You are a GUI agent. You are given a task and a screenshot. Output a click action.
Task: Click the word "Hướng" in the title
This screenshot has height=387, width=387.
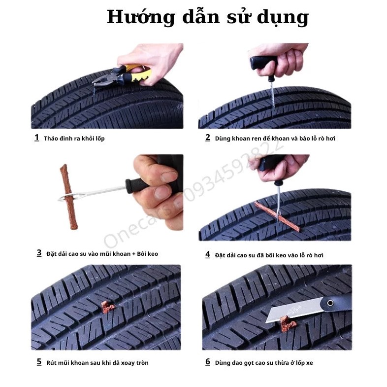tap(141, 18)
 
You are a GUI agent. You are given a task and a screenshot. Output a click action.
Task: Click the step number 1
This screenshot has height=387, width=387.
tap(37, 138)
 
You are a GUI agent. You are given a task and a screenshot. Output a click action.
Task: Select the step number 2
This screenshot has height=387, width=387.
tap(208, 138)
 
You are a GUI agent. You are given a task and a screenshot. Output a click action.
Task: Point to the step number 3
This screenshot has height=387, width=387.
tap(39, 253)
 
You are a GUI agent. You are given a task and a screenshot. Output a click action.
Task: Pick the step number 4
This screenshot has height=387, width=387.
tap(208, 254)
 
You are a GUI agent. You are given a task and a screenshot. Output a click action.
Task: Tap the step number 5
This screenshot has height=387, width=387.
tap(39, 362)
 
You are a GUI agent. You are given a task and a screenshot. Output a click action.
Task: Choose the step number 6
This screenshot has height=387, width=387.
tap(208, 362)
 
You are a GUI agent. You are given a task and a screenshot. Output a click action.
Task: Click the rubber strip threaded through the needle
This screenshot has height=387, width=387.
tap(68, 197)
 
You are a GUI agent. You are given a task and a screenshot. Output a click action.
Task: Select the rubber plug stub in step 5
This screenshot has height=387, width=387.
tap(108, 307)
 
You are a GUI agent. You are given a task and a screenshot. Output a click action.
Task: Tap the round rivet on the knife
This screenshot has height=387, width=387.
tap(330, 303)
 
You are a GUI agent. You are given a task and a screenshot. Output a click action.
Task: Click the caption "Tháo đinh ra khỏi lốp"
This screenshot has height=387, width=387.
tap(74, 139)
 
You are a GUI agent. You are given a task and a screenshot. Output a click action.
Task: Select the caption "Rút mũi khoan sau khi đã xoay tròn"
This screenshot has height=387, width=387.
tap(97, 363)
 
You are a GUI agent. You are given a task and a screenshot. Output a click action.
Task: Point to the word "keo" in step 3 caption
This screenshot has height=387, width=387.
tap(152, 254)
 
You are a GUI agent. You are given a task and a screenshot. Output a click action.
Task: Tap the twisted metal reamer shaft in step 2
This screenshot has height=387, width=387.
tap(272, 95)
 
